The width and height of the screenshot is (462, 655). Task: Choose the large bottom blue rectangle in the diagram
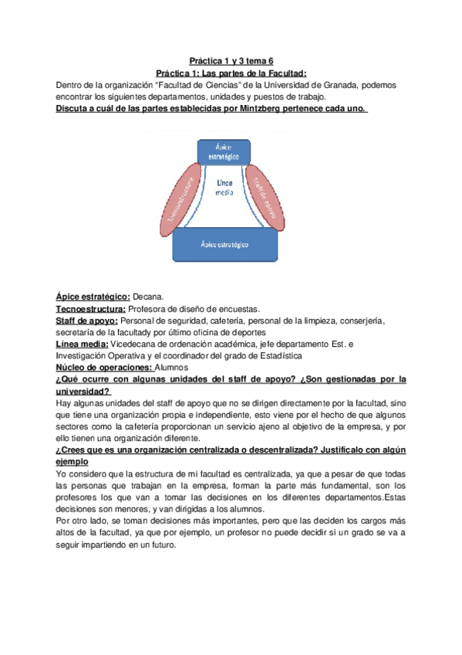(224, 244)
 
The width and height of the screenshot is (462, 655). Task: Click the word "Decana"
(148, 295)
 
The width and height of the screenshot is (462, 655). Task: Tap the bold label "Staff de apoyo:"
(86, 320)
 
